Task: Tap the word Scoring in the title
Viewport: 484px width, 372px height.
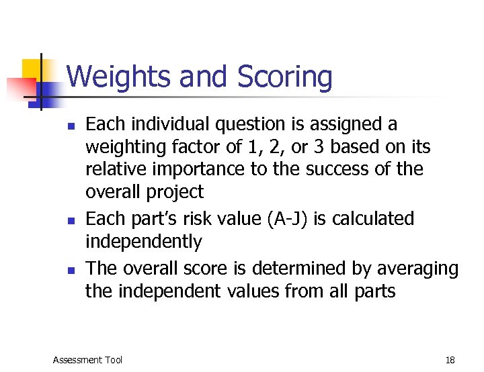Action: (285, 78)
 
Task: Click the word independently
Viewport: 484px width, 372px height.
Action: (143, 242)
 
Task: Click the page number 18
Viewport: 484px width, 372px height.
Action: (450, 360)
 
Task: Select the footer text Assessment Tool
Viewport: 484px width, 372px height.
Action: (87, 360)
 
